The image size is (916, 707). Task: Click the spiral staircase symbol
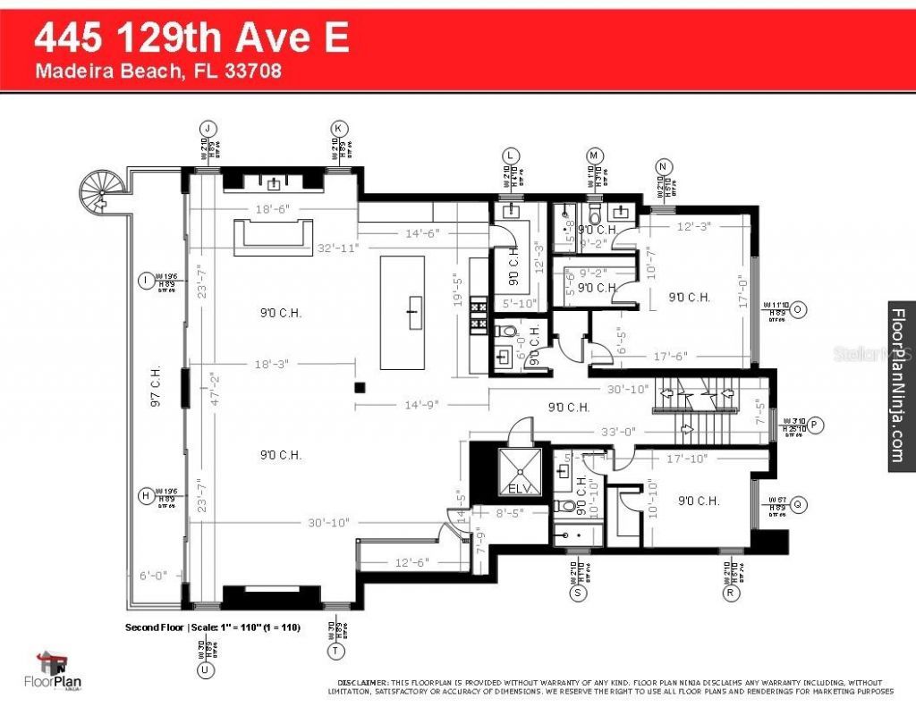pyautogui.click(x=98, y=190)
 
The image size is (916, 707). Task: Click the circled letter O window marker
pyautogui.click(x=799, y=309)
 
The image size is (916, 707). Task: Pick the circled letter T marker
pyautogui.click(x=336, y=652)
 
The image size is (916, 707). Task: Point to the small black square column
pyautogui.click(x=359, y=387)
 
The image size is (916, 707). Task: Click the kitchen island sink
pyautogui.click(x=413, y=312)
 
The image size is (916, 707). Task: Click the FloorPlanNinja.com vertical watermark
pyautogui.click(x=899, y=384)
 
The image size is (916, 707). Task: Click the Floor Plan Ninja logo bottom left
pyautogui.click(x=56, y=671)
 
